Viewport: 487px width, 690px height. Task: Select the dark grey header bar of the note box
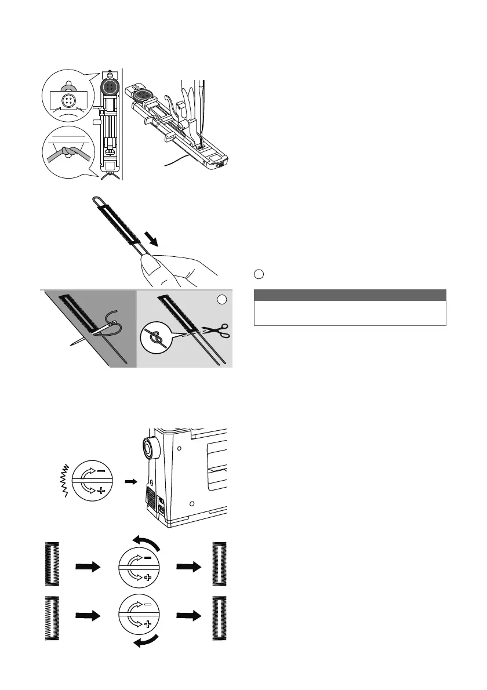(350, 295)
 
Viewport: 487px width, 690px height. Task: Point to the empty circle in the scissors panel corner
(220, 300)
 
